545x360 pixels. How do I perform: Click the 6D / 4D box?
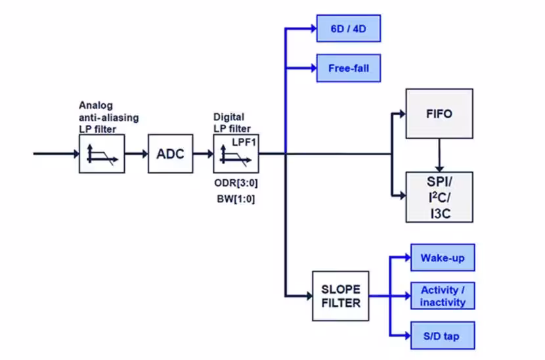click(x=348, y=28)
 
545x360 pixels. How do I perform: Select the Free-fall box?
click(x=348, y=68)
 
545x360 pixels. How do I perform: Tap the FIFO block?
click(x=439, y=114)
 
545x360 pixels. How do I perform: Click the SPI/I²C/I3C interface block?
click(x=439, y=197)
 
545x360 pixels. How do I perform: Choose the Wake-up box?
click(x=443, y=258)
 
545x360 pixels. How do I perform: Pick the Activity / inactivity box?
click(x=443, y=296)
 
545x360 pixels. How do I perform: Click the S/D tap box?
click(x=443, y=336)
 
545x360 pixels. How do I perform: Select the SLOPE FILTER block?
click(x=341, y=296)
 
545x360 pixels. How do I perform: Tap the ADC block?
click(x=170, y=154)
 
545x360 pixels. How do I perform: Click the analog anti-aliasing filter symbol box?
click(x=102, y=154)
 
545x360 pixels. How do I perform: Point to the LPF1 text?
click(x=244, y=143)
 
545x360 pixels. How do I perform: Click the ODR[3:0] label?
click(x=236, y=183)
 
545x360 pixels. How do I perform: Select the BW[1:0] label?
click(x=236, y=199)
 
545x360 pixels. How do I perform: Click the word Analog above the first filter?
click(x=96, y=105)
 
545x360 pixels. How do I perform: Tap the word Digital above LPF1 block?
click(x=229, y=116)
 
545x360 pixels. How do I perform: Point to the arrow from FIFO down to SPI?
click(x=439, y=155)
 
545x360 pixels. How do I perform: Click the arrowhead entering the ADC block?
click(x=144, y=154)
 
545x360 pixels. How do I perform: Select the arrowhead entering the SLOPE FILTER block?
click(x=309, y=296)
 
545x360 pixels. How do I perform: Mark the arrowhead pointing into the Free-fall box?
click(x=313, y=68)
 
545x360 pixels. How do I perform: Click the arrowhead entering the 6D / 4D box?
click(x=313, y=28)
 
